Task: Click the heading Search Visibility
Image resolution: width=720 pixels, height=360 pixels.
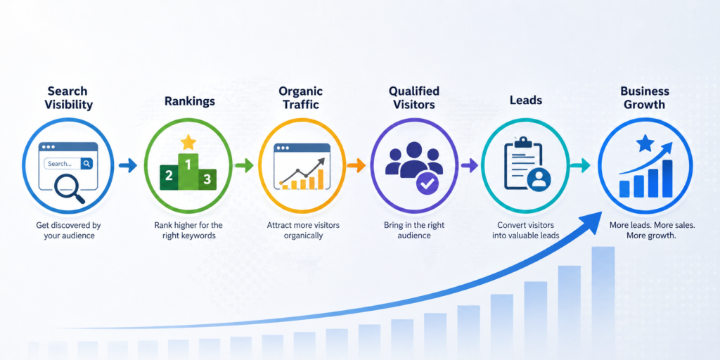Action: pyautogui.click(x=68, y=98)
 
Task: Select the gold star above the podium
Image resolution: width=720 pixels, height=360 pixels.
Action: pyautogui.click(x=188, y=143)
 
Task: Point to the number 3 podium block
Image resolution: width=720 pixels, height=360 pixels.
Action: pyautogui.click(x=207, y=179)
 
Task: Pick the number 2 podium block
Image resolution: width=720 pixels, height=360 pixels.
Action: pyautogui.click(x=168, y=176)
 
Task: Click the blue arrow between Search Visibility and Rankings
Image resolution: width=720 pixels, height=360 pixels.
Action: pyautogui.click(x=128, y=165)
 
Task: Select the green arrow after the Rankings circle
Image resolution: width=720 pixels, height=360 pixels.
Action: pyautogui.click(x=244, y=165)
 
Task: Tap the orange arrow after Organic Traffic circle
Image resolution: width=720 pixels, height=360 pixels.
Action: pyautogui.click(x=356, y=165)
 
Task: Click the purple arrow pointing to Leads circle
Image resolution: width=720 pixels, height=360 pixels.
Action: pyautogui.click(x=469, y=165)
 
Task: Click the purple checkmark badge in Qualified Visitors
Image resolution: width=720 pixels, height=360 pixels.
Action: pyautogui.click(x=427, y=184)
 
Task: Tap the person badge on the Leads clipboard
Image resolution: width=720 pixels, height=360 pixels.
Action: pyautogui.click(x=539, y=179)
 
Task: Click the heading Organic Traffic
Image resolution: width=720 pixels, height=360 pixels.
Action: pyautogui.click(x=300, y=98)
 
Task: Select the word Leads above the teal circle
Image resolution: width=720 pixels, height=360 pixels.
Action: pyautogui.click(x=526, y=99)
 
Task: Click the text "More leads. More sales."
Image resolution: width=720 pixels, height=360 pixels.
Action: pyautogui.click(x=645, y=226)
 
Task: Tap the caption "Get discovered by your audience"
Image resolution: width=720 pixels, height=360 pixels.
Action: pyautogui.click(x=68, y=231)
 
